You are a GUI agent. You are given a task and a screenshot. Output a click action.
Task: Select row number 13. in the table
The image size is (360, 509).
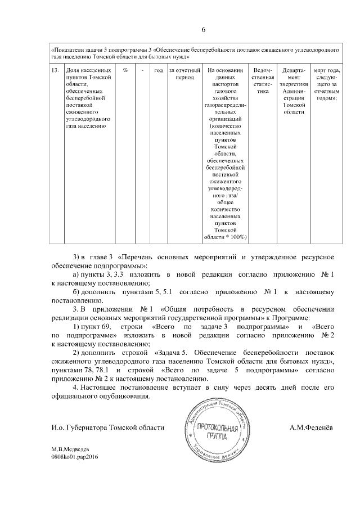(x=55, y=71)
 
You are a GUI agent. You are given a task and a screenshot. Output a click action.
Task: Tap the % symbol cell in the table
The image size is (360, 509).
(x=125, y=71)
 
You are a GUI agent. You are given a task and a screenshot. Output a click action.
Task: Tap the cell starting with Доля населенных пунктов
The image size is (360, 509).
(x=84, y=98)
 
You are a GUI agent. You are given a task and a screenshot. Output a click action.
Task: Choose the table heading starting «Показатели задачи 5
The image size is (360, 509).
(x=193, y=53)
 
